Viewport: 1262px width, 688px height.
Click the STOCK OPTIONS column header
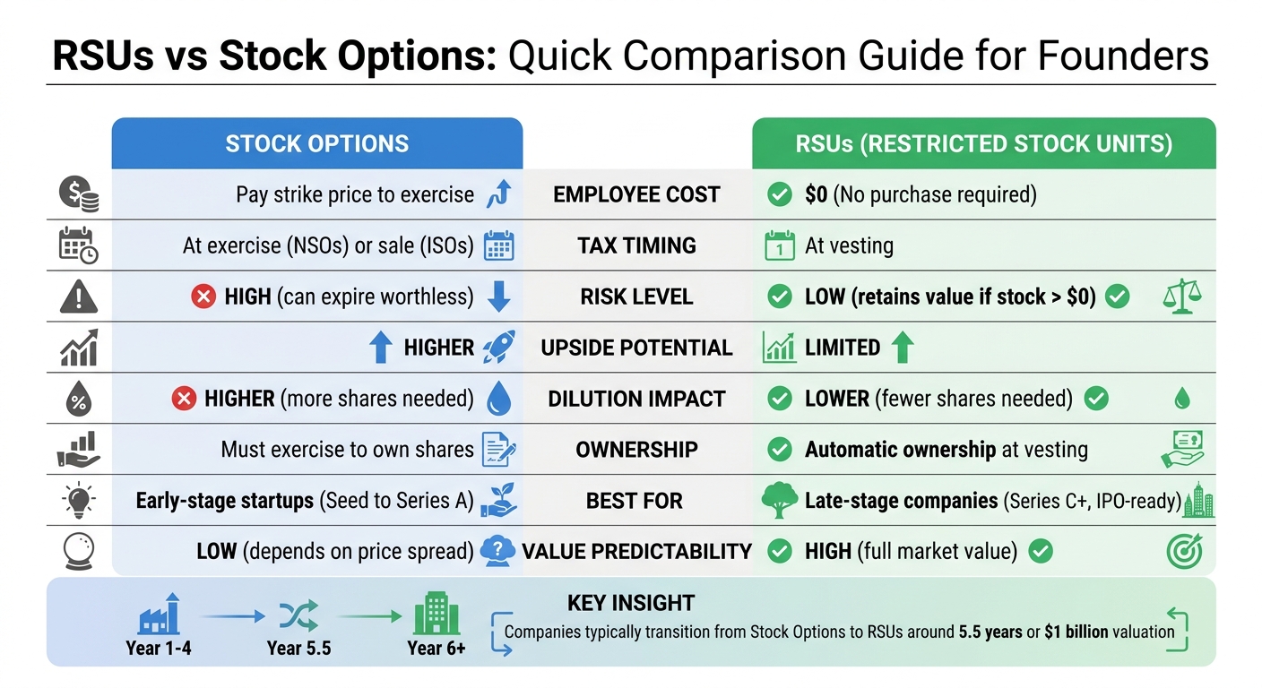[x=316, y=143]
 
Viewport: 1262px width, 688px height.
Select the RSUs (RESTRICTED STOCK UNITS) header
[x=983, y=143]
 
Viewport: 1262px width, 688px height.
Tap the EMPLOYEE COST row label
[x=636, y=194]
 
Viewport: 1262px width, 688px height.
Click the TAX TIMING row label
[x=636, y=245]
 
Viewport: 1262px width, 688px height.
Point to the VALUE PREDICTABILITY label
[x=636, y=552]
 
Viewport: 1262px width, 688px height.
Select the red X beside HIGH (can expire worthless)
[x=203, y=297]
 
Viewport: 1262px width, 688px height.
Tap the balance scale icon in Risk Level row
[x=1181, y=297]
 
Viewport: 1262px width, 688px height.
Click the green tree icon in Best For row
[x=778, y=501]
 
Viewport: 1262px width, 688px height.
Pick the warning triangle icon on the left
[x=78, y=297]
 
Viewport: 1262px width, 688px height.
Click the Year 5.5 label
[x=298, y=648]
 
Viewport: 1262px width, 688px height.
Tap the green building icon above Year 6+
[x=437, y=615]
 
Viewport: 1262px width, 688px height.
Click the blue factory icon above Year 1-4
[x=160, y=615]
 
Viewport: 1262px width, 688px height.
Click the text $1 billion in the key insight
[x=1076, y=632]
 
